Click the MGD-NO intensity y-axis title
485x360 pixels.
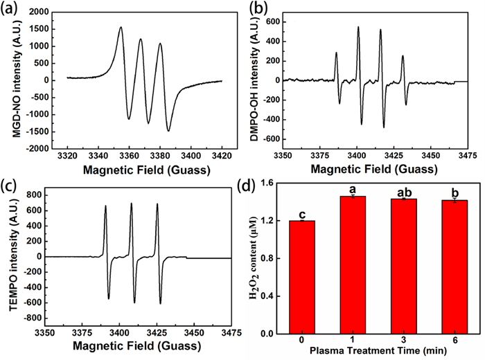9,79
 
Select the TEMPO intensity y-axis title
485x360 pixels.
9,256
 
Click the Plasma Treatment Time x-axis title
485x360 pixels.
378,352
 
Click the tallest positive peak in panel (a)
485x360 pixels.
121,28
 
